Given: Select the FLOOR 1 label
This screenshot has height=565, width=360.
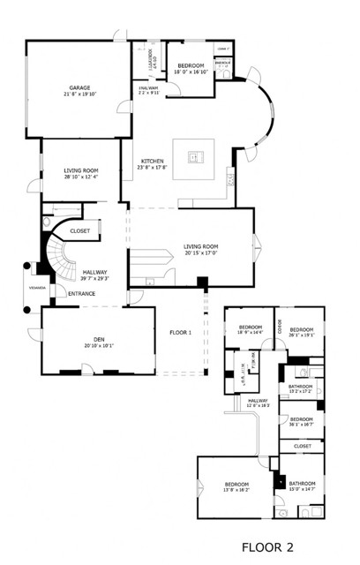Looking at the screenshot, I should click(182, 333).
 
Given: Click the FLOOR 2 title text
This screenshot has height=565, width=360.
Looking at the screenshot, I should click(273, 547).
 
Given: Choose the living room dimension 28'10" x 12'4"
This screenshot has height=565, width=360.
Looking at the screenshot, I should click(80, 177).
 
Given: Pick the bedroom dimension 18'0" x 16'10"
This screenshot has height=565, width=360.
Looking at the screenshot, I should click(191, 73).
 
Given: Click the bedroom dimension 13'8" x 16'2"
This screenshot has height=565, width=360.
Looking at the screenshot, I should click(236, 491).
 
